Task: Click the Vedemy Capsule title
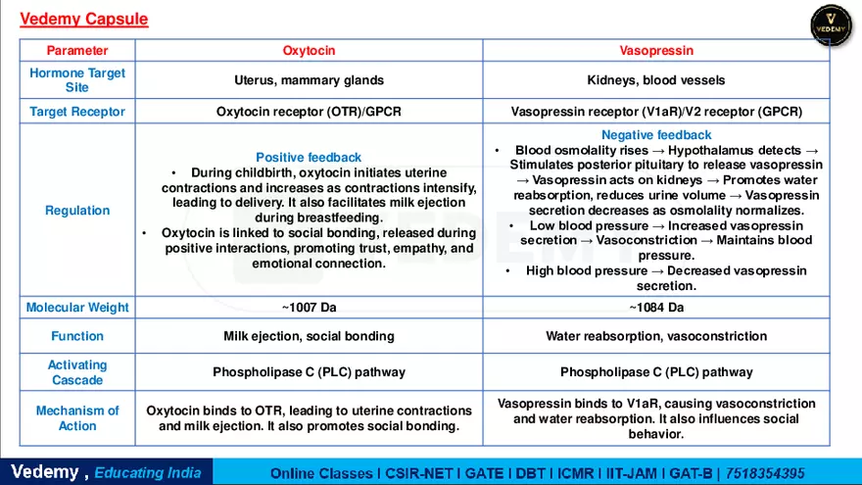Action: click(x=83, y=19)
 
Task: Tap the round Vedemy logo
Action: click(x=831, y=25)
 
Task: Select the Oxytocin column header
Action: click(x=309, y=50)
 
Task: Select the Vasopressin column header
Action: click(x=656, y=50)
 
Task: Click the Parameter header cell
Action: click(x=77, y=50)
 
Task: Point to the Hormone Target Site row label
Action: click(x=77, y=80)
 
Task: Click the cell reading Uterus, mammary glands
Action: click(x=309, y=80)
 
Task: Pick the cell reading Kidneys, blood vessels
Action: click(x=656, y=80)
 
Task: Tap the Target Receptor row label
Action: click(x=77, y=112)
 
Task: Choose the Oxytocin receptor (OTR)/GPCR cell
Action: click(x=309, y=112)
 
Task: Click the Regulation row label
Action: click(x=77, y=211)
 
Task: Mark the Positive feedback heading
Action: click(x=309, y=157)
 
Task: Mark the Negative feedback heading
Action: click(x=656, y=135)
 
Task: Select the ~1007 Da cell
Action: click(x=309, y=308)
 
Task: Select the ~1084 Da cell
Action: click(x=656, y=308)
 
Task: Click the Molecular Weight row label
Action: click(x=77, y=308)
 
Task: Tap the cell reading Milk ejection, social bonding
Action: click(x=309, y=336)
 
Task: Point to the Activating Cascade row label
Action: click(x=77, y=372)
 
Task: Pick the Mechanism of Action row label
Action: click(x=77, y=418)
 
